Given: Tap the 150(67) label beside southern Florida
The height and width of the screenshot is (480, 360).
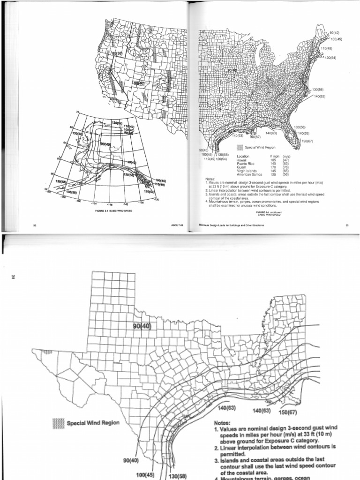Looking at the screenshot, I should pos(307,141).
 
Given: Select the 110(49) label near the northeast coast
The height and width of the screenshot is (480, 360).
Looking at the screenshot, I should pos(327,48).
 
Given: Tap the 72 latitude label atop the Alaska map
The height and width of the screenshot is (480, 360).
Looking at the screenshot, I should pos(78,111).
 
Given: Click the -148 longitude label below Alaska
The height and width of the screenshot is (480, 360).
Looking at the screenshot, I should pos(110,204).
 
